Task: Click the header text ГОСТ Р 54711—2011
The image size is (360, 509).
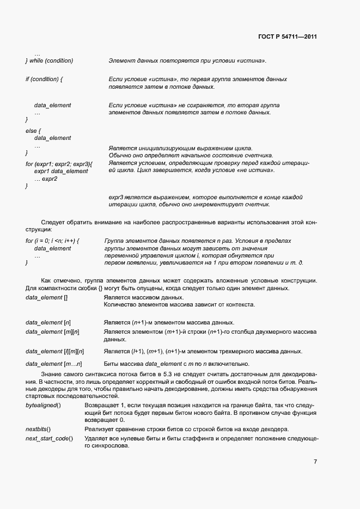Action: pos(287,36)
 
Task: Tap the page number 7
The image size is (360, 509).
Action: pos(315,462)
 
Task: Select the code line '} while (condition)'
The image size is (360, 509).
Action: pos(49,60)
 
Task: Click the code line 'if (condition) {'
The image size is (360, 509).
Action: pos(45,79)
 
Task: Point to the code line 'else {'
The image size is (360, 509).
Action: pos(34,131)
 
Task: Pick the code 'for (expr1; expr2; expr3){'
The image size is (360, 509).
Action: pos(59,164)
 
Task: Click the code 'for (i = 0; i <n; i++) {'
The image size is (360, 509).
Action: pos(52,241)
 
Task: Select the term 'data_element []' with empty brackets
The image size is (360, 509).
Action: pos(47,298)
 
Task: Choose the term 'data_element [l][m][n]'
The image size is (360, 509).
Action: pos(55,352)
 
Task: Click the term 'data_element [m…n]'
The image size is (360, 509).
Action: pos(53,364)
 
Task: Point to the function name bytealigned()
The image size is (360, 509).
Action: pos(43,406)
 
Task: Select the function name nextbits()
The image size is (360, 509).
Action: pos(38,430)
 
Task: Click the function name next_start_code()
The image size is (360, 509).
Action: pos(49,439)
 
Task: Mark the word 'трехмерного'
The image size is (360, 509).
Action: pos(246,352)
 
